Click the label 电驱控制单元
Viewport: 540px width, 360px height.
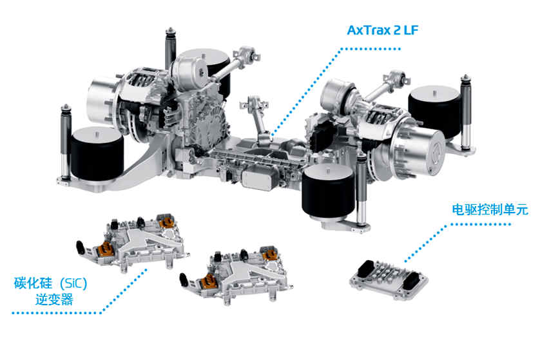click(490, 210)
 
